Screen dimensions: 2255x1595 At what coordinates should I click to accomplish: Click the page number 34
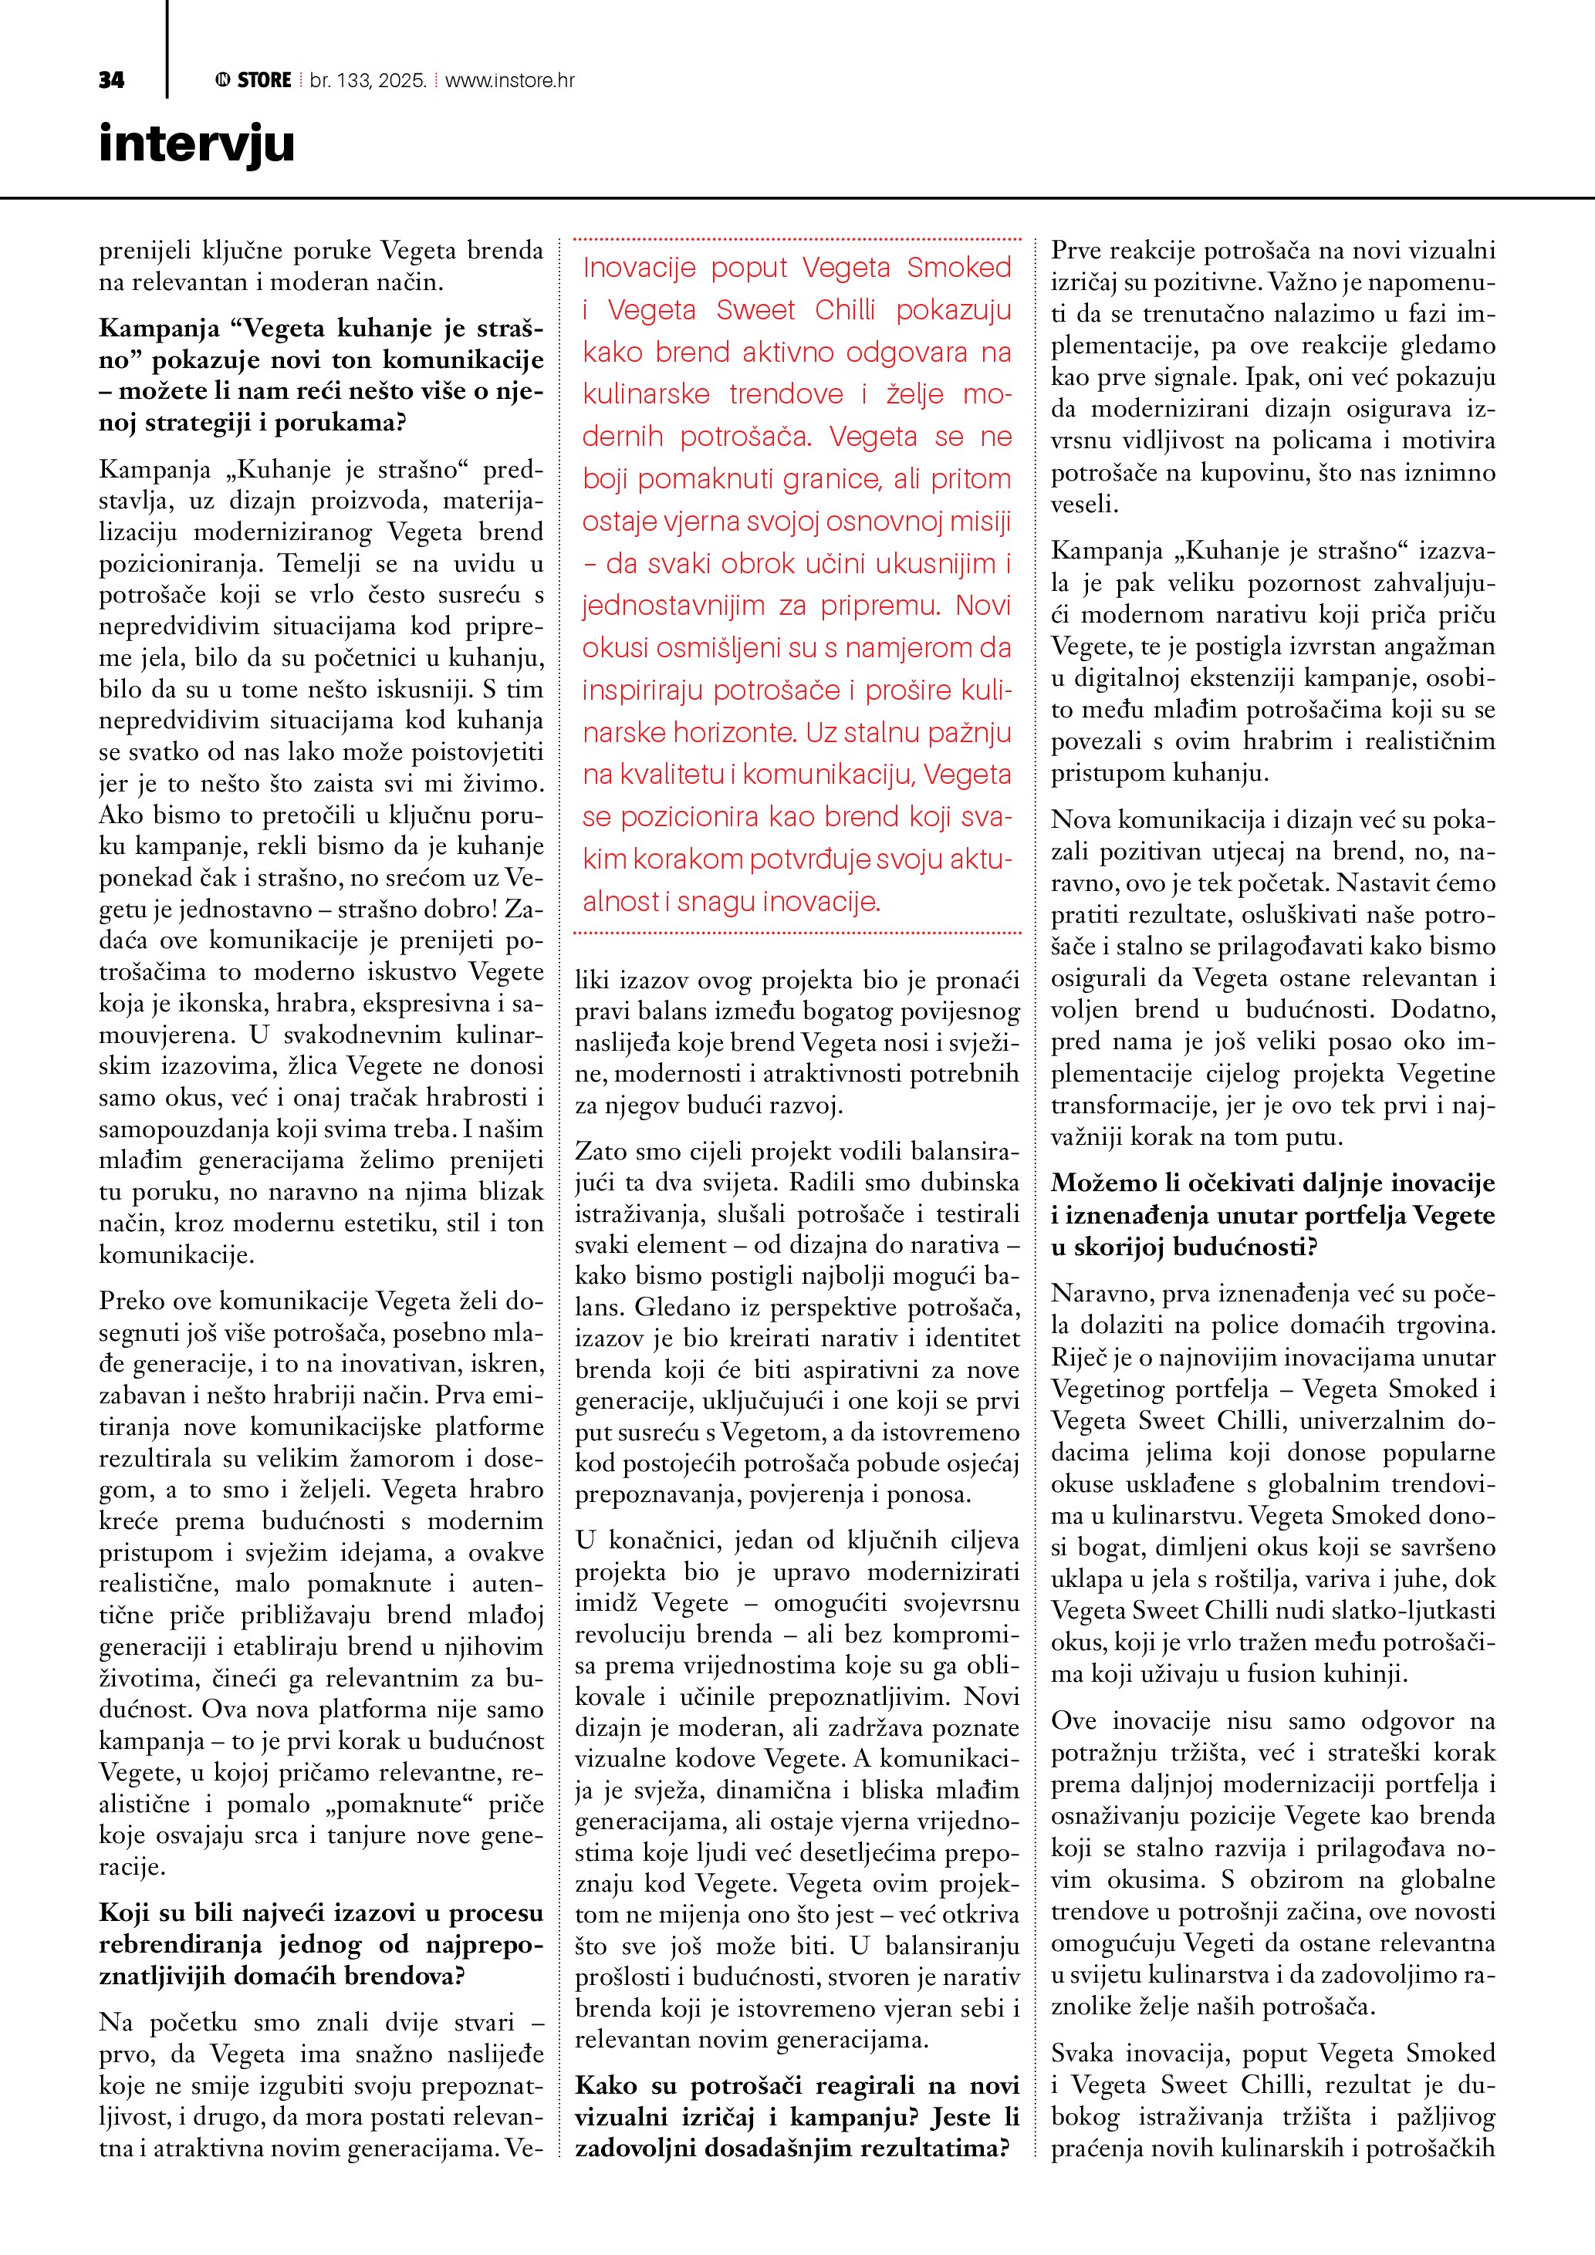[x=111, y=80]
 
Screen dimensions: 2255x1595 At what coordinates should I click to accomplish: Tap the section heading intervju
[x=197, y=143]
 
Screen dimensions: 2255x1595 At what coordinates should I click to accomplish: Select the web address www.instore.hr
[x=510, y=80]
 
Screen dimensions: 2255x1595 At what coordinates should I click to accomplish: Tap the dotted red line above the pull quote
[x=796, y=238]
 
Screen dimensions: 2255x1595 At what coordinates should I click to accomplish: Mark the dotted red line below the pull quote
[x=796, y=932]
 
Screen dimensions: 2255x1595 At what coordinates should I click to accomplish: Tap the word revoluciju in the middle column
[x=627, y=1634]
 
